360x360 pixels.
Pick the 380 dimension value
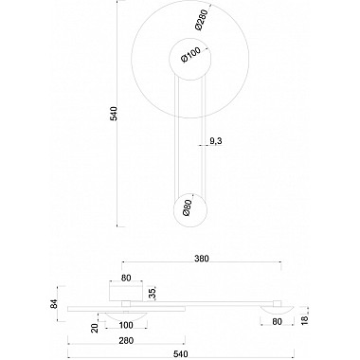pos(201,257)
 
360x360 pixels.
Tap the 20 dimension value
pos(95,327)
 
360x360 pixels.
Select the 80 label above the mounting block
pos(125,279)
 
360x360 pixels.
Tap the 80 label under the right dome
pos(278,321)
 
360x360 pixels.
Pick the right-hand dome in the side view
pos(277,309)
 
